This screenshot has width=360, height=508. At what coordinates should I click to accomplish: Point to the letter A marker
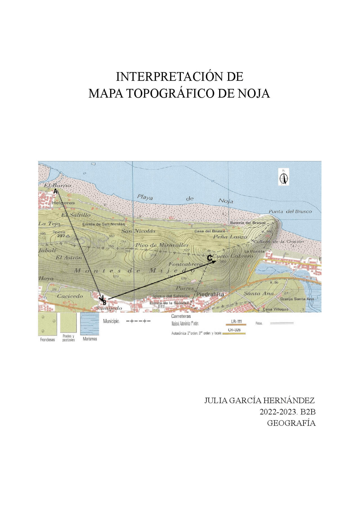point(55,191)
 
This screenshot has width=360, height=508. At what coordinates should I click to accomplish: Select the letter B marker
point(104,303)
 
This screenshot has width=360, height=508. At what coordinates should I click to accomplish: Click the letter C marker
point(210,258)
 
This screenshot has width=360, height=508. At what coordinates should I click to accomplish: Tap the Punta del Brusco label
point(290,212)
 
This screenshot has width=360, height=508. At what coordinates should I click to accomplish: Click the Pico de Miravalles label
point(162,245)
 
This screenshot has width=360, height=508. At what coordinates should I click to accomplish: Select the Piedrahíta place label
point(210,294)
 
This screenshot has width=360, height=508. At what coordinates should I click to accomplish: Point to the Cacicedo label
point(70,296)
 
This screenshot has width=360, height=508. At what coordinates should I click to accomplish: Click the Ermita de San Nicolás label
point(103,224)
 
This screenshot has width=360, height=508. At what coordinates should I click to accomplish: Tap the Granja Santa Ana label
point(297,299)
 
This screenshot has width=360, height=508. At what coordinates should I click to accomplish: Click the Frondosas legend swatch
point(47,324)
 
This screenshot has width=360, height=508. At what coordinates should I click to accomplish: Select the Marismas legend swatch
point(90,324)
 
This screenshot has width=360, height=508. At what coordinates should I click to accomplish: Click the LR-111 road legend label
point(236,321)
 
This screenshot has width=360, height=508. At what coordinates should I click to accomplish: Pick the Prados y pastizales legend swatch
point(68,323)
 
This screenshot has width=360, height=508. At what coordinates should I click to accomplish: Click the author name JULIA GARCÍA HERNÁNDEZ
point(259,400)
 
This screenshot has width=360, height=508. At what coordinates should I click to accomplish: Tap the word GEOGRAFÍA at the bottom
point(291,423)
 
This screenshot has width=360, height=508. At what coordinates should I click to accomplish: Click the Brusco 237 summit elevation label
point(61,236)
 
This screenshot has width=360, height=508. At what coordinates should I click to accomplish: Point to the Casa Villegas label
point(275,309)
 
